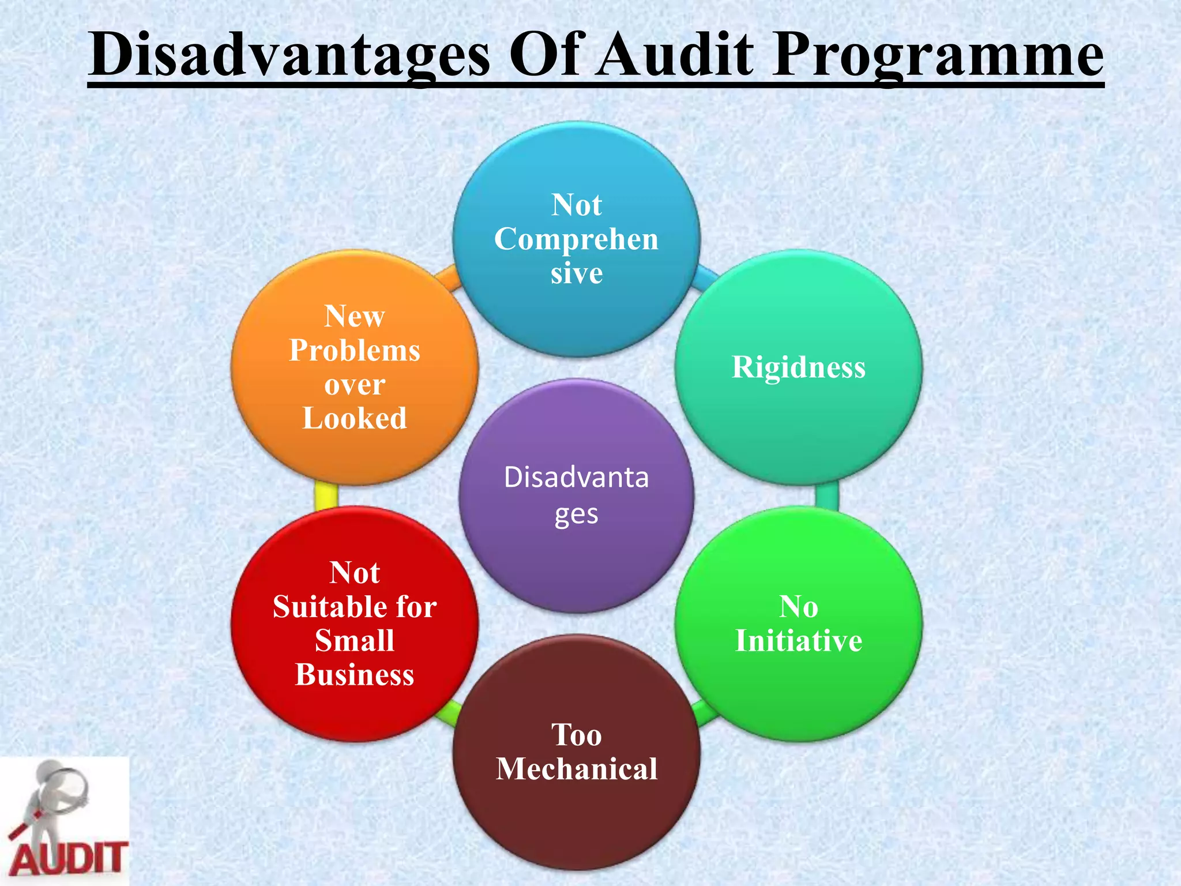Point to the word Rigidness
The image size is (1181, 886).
coord(799,367)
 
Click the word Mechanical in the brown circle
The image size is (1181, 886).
coord(577,769)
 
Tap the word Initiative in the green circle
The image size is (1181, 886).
coord(799,641)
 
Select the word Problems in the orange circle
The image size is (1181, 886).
coord(355,351)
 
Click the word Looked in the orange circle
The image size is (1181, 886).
coord(355,418)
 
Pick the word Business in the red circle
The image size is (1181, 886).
coord(355,675)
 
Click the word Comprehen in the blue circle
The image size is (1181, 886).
coord(576,239)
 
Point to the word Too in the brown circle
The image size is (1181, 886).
coord(577,735)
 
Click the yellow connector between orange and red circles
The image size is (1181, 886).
coord(326,495)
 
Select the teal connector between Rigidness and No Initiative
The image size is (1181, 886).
coord(827,495)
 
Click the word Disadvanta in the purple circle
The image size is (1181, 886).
coord(576,478)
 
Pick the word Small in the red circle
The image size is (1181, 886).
coord(355,641)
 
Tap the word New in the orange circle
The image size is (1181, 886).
coord(355,316)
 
